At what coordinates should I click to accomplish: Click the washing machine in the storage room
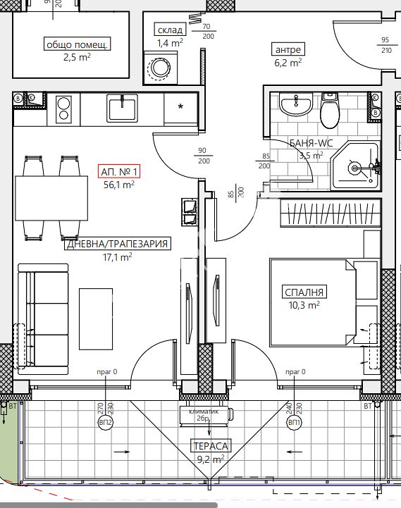(x=159, y=68)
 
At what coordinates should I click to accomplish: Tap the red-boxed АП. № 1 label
(x=119, y=171)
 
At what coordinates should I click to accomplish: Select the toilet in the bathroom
(x=330, y=111)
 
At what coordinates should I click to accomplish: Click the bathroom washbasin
(x=296, y=104)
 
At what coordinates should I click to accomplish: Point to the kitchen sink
(x=122, y=109)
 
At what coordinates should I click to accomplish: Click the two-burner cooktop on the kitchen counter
(x=63, y=109)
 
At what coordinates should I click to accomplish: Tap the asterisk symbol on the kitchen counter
(x=181, y=106)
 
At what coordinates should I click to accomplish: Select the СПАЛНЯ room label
(x=304, y=292)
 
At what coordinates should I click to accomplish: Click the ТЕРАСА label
(x=211, y=446)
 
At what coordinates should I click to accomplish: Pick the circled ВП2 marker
(x=105, y=423)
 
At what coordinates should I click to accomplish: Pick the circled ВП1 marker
(x=295, y=423)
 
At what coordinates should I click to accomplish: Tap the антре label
(x=288, y=49)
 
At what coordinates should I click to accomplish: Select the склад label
(x=170, y=30)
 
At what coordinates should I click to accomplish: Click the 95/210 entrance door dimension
(x=385, y=45)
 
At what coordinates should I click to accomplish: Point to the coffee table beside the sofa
(x=96, y=319)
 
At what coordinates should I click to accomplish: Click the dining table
(x=51, y=198)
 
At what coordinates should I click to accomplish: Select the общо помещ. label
(x=77, y=44)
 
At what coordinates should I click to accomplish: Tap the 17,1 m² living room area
(x=118, y=257)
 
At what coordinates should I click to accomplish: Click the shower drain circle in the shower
(x=354, y=168)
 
